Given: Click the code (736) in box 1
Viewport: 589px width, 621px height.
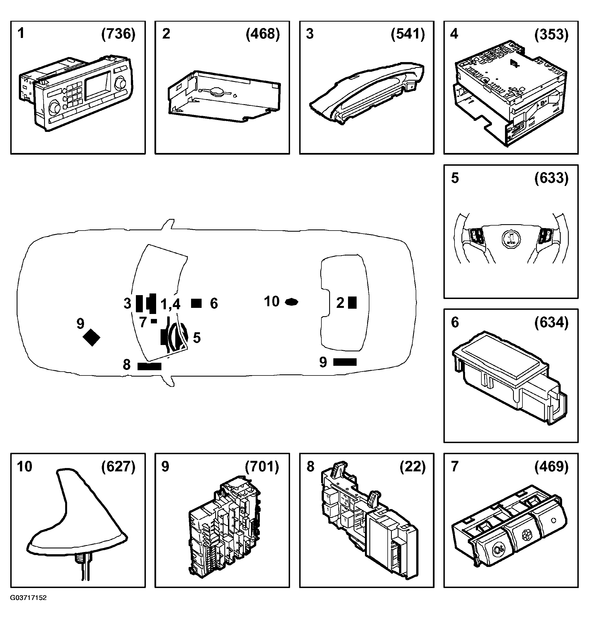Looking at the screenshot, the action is pyautogui.click(x=118, y=34).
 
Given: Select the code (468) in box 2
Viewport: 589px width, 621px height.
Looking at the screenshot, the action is pyautogui.click(x=263, y=34).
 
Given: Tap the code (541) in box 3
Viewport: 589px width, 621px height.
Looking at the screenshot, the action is pyautogui.click(x=408, y=34).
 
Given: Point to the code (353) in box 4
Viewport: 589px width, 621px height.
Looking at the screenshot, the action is pyautogui.click(x=551, y=34).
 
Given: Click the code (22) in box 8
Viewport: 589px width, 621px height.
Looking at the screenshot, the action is pyautogui.click(x=413, y=466).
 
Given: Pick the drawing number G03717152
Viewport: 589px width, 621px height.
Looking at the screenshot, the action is pyautogui.click(x=28, y=598).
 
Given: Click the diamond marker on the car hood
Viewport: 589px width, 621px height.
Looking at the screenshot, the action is pyautogui.click(x=91, y=337).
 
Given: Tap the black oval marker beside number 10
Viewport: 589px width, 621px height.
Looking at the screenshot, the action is pyautogui.click(x=291, y=302).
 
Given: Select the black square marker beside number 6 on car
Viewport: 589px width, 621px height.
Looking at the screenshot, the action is pyautogui.click(x=196, y=303).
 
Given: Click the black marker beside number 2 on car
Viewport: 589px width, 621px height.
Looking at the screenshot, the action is pyautogui.click(x=352, y=303).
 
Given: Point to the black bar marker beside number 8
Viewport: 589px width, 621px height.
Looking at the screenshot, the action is pyautogui.click(x=149, y=366).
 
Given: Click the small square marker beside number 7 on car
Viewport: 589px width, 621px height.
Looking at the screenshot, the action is pyautogui.click(x=154, y=321).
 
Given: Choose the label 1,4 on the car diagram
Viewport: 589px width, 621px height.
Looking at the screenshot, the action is pyautogui.click(x=170, y=304).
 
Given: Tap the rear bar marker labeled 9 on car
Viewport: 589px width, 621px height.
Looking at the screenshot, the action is pyautogui.click(x=345, y=362).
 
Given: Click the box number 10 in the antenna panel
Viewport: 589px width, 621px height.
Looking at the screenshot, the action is pyautogui.click(x=24, y=466).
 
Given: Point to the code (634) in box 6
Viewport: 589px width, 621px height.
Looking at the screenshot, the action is pyautogui.click(x=551, y=323).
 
